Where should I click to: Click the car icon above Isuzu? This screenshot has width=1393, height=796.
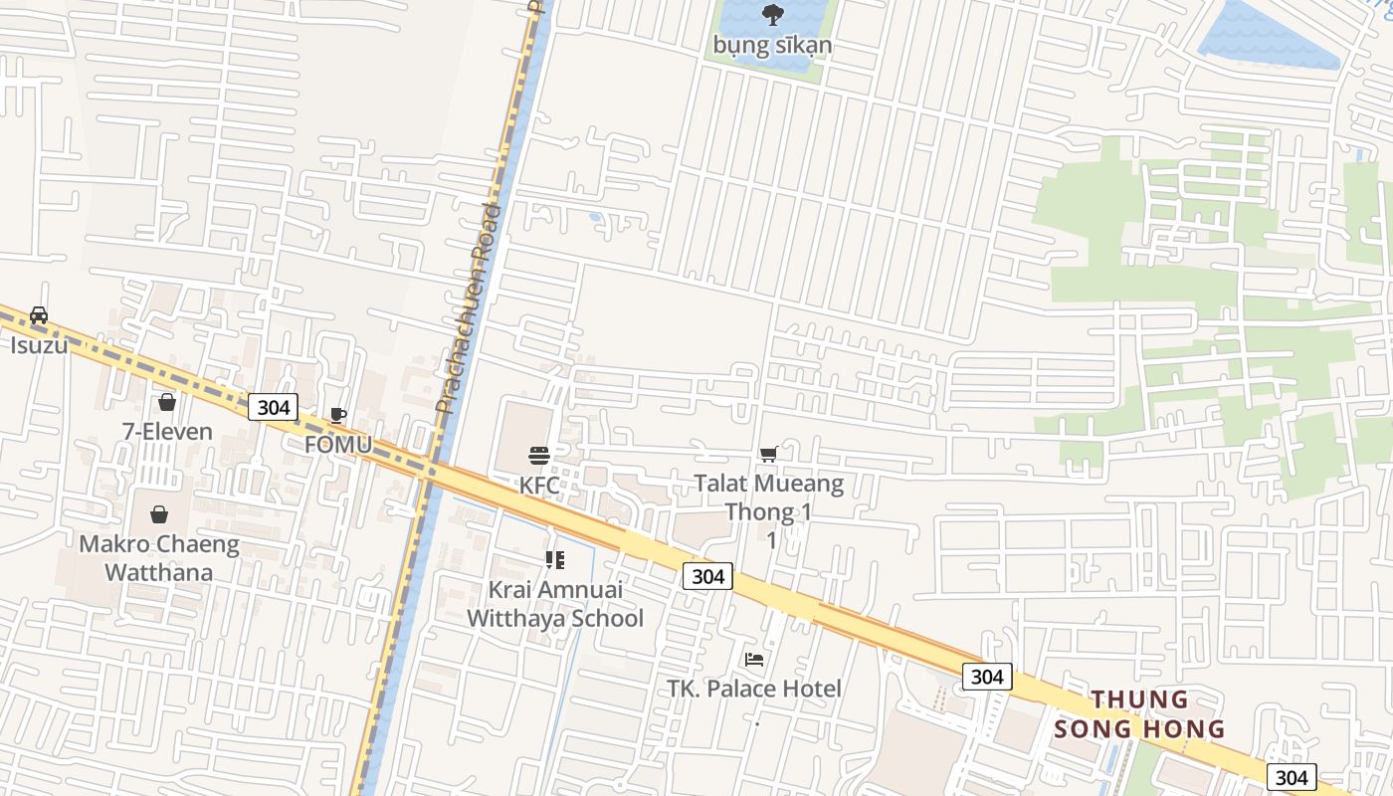pyautogui.click(x=39, y=315)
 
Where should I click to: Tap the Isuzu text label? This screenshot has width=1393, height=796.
pyautogui.click(x=39, y=345)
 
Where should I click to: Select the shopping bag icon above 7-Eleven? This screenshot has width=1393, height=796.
pyautogui.click(x=167, y=402)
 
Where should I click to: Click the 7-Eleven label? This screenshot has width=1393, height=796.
pyautogui.click(x=167, y=431)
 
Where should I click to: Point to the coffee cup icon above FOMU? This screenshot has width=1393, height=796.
pyautogui.click(x=338, y=415)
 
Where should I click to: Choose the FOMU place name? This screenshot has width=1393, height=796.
pyautogui.click(x=338, y=444)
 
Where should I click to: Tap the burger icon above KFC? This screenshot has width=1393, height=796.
pyautogui.click(x=539, y=457)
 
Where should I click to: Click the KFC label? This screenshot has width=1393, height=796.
pyautogui.click(x=539, y=486)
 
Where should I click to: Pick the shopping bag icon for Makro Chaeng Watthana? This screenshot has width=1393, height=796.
pyautogui.click(x=159, y=514)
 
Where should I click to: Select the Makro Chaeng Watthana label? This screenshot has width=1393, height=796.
pyautogui.click(x=159, y=558)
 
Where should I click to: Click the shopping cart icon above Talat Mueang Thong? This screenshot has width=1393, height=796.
pyautogui.click(x=768, y=455)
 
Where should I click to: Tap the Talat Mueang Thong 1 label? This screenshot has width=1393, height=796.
pyautogui.click(x=768, y=498)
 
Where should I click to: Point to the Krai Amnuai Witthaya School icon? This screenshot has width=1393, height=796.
pyautogui.click(x=555, y=560)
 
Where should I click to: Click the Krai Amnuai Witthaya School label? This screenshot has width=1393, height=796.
pyautogui.click(x=555, y=603)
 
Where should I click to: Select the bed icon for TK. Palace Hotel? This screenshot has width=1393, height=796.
pyautogui.click(x=754, y=659)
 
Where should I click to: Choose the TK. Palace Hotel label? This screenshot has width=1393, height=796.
pyautogui.click(x=754, y=688)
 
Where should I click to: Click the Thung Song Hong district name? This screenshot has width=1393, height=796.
pyautogui.click(x=1139, y=713)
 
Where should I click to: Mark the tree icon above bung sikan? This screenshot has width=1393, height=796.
pyautogui.click(x=771, y=15)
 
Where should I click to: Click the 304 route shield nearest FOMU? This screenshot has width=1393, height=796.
pyautogui.click(x=273, y=406)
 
